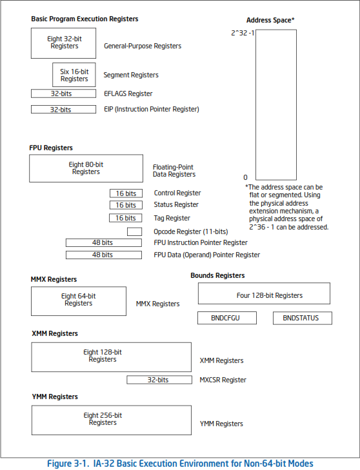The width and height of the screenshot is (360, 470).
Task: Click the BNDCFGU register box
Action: click(227, 318)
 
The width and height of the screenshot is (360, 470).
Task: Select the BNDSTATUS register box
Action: click(303, 318)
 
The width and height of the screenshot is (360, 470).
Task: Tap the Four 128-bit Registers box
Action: click(264, 293)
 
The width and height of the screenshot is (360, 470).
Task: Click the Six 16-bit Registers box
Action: click(74, 75)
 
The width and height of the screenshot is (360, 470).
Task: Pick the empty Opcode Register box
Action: click(134, 231)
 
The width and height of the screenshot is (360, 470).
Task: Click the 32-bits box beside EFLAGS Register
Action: click(64, 93)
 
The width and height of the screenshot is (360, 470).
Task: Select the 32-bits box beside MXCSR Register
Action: click(159, 380)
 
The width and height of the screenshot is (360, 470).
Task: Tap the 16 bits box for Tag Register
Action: click(126, 218)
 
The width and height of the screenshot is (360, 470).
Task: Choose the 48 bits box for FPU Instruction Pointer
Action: click(104, 242)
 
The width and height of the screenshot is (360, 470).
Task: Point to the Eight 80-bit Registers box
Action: click(86, 168)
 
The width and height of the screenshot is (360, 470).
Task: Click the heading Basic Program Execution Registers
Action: click(85, 19)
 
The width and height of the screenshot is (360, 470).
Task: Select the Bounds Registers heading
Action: click(217, 275)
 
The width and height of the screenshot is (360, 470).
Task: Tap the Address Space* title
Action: click(270, 20)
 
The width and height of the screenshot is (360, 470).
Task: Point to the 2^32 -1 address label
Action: click(243, 33)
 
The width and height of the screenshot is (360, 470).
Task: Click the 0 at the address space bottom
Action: click(245, 177)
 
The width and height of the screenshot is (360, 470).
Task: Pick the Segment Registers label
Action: click(131, 75)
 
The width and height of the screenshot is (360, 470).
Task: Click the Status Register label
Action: click(176, 205)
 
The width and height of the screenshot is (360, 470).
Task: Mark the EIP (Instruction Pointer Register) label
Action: click(152, 109)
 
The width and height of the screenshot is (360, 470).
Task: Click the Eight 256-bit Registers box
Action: click(112, 420)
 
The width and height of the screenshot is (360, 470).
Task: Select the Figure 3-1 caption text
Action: click(180, 464)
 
